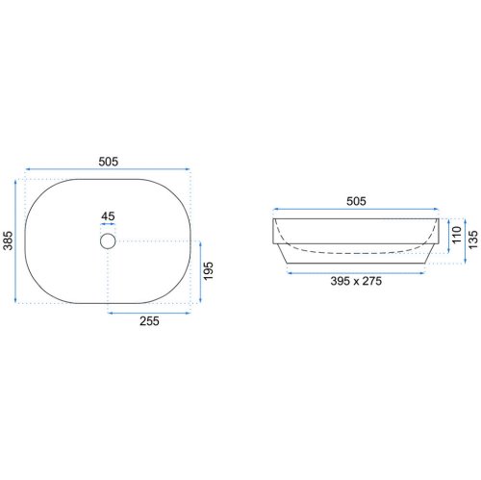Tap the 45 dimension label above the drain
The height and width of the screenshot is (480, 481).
pyautogui.click(x=108, y=216)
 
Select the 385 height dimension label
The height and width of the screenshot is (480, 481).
pyautogui.click(x=8, y=240)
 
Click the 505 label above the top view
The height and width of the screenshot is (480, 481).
pyautogui.click(x=109, y=162)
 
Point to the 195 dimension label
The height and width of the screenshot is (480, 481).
pyautogui.click(x=208, y=271)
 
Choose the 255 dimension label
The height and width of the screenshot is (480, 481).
pyautogui.click(x=149, y=321)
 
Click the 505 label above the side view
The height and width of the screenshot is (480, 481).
pyautogui.click(x=356, y=201)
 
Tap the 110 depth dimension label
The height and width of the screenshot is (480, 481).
pyautogui.click(x=456, y=235)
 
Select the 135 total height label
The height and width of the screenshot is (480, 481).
pyautogui.click(x=473, y=240)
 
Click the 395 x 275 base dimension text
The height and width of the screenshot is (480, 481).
pyautogui.click(x=356, y=281)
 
